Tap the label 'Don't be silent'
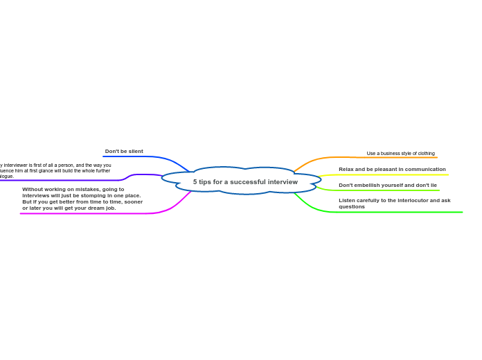[124, 151]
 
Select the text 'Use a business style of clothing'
[400, 153]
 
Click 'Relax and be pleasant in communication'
[392, 169]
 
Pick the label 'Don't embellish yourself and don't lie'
[388, 185]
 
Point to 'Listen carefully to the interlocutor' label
[394, 200]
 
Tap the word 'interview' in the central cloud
[283, 181]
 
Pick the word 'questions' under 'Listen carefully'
[352, 206]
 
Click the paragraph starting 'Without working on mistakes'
[82, 198]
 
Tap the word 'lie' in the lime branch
[433, 185]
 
